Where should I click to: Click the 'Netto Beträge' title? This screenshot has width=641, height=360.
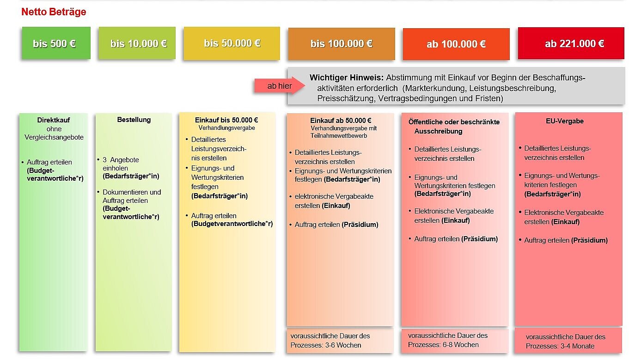(54, 12)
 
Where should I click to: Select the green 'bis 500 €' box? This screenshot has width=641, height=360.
(56, 43)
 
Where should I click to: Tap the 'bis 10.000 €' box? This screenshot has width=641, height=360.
(137, 43)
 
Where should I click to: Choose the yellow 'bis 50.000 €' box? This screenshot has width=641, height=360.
(232, 43)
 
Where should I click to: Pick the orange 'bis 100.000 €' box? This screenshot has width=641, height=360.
(342, 44)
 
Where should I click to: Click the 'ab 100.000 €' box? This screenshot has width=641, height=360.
(456, 44)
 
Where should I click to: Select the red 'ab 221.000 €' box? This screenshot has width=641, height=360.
(571, 44)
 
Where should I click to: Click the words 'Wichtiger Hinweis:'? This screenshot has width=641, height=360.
(347, 78)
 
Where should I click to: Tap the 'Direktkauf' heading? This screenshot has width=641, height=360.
(54, 120)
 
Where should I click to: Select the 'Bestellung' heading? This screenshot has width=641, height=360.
(134, 120)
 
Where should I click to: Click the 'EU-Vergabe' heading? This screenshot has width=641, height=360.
(568, 121)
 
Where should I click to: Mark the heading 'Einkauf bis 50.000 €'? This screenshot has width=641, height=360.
(226, 120)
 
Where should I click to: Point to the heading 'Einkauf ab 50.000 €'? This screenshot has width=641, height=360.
(341, 121)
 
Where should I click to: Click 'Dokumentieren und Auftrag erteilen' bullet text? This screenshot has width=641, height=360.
(131, 196)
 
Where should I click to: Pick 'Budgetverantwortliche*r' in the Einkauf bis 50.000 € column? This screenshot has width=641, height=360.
(232, 224)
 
